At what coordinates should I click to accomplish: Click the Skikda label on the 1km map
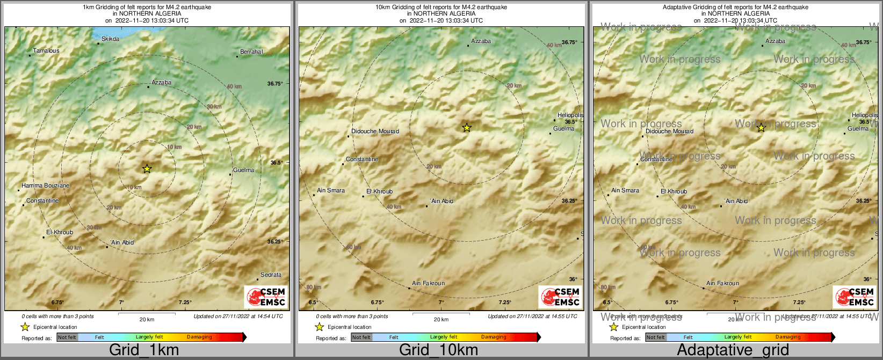110,39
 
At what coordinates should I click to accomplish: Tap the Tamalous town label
46,51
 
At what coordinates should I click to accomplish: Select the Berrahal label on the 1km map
251,52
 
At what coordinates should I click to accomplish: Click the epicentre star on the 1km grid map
147,169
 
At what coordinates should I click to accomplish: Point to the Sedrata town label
271,275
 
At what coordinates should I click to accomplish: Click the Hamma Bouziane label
46,186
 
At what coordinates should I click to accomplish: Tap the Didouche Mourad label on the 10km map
375,132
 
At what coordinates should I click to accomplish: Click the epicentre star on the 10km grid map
467,127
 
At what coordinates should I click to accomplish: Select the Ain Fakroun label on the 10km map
428,284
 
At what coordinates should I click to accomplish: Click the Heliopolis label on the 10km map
570,116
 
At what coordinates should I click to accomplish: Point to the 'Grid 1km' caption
144,350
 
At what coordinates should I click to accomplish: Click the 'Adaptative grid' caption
733,350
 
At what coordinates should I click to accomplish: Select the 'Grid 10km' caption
438,350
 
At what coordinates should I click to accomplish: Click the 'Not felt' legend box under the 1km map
67,337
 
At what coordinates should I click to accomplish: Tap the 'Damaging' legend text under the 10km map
494,337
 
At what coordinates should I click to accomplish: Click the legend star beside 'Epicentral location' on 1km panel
25,327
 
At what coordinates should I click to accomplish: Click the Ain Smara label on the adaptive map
625,191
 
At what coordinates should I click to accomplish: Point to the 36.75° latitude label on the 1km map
274,84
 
